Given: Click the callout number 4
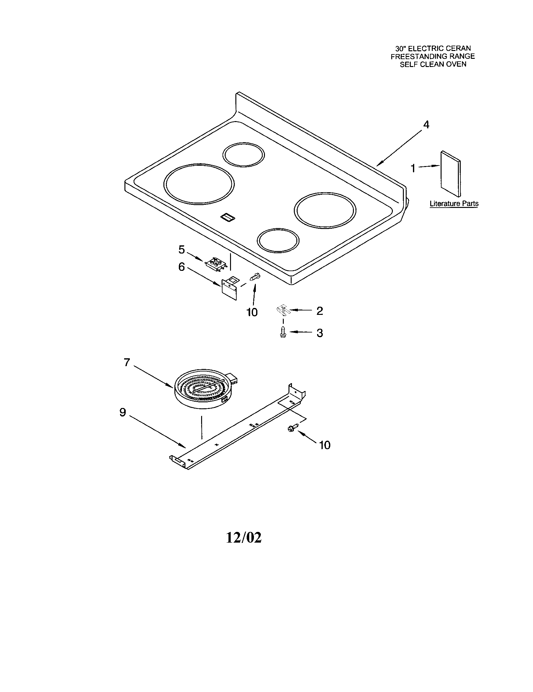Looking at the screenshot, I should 426,125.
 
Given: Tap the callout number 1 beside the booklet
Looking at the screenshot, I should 413,168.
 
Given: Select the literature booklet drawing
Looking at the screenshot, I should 450,173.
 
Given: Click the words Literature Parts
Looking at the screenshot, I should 454,204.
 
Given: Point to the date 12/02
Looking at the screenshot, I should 244,538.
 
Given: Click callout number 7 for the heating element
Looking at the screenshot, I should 127,362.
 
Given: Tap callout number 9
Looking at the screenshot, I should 123,412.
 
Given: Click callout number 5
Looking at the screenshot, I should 181,250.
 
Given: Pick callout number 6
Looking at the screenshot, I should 181,267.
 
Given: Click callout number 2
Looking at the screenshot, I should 320,311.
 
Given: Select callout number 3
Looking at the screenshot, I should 320,333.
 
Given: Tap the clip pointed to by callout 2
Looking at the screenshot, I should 283,309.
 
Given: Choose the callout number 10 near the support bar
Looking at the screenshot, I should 325,445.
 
